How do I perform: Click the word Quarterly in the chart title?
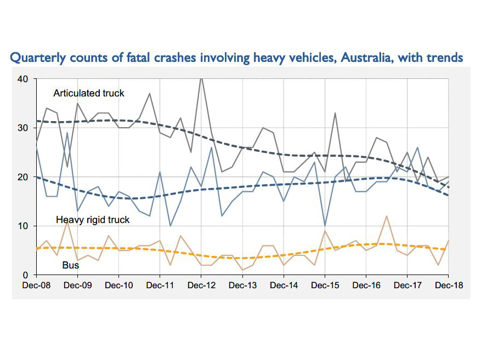(x=34, y=58)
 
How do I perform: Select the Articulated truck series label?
(x=89, y=93)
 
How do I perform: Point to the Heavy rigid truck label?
(x=93, y=220)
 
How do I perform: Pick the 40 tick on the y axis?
(x=23, y=79)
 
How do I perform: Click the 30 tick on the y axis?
(x=23, y=128)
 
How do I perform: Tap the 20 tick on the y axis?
(x=23, y=177)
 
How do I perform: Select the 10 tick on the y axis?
(x=23, y=226)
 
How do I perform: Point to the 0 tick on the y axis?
(x=25, y=275)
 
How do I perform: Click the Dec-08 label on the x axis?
(x=36, y=285)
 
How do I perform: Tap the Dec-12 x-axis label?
(x=201, y=285)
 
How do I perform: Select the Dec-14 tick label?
(x=284, y=285)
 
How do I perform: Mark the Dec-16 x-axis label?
(x=366, y=285)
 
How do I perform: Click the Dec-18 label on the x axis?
(x=449, y=285)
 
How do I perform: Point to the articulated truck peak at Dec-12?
(x=201, y=78)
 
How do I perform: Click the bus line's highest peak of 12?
(x=387, y=216)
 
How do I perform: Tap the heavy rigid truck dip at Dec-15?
(x=325, y=226)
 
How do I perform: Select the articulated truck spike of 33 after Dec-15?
(x=335, y=113)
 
